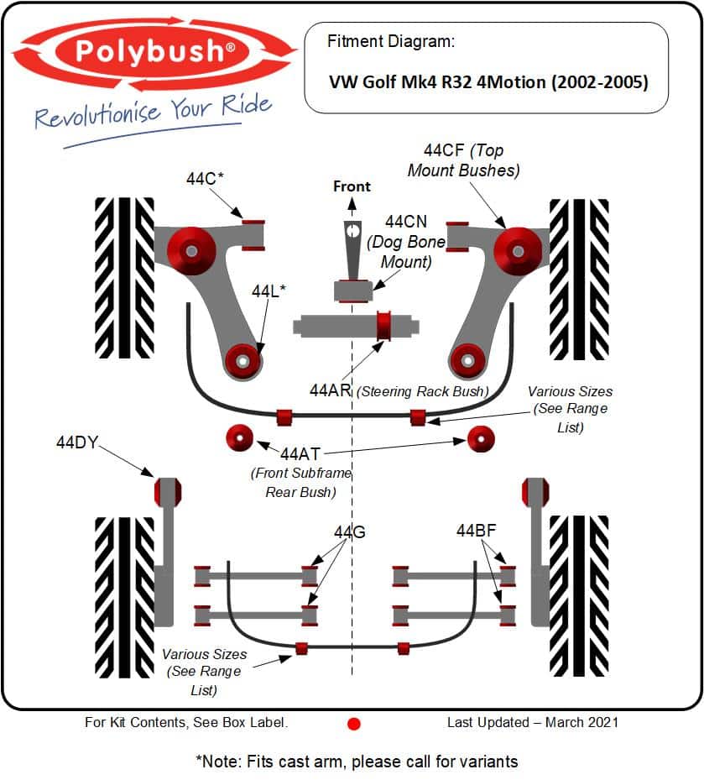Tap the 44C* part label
pyautogui.click(x=205, y=178)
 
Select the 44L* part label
pyautogui.click(x=269, y=291)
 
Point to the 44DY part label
pyautogui.click(x=77, y=442)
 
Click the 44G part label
pyautogui.click(x=350, y=532)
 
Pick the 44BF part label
pyautogui.click(x=477, y=531)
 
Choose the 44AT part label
pyautogui.click(x=300, y=453)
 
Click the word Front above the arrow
pyautogui.click(x=352, y=186)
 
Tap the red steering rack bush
pyautogui.click(x=383, y=326)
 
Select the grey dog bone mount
pyautogui.click(x=352, y=261)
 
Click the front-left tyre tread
pyautogui.click(x=125, y=278)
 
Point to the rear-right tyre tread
pyautogui.click(x=579, y=596)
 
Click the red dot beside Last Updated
pyautogui.click(x=353, y=724)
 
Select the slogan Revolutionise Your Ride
pyautogui.click(x=153, y=112)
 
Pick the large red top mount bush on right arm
pyautogui.click(x=518, y=251)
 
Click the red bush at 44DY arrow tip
pyautogui.click(x=168, y=491)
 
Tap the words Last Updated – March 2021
pyautogui.click(x=533, y=722)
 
